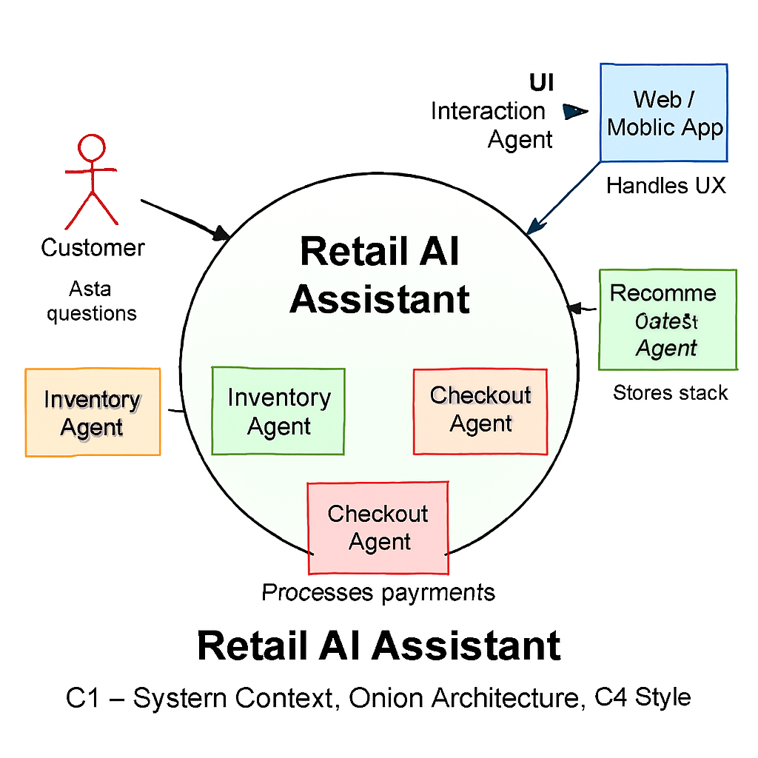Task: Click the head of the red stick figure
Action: tap(93, 147)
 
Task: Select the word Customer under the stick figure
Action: tap(93, 248)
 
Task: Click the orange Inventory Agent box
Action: tap(93, 412)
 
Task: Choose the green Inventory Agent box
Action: tap(278, 411)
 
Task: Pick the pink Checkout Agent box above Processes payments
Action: tap(378, 528)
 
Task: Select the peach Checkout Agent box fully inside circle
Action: tap(480, 410)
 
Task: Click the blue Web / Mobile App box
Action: tap(664, 113)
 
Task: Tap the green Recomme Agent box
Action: tap(667, 319)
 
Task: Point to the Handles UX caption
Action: tap(665, 186)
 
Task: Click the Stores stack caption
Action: tap(670, 392)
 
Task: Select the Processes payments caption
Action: tap(378, 592)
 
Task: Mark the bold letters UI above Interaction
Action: tap(541, 82)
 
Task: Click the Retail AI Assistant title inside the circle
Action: tap(380, 275)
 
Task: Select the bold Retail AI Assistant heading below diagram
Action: tap(379, 645)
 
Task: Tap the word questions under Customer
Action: tap(92, 313)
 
